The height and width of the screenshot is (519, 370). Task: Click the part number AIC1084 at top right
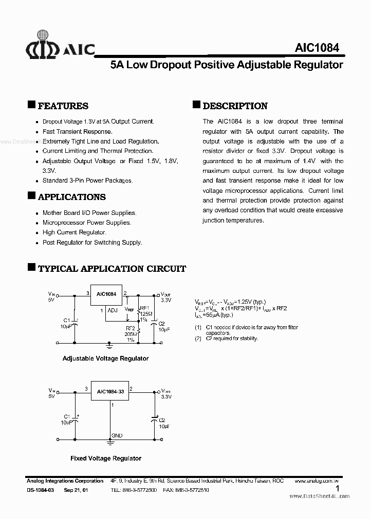317,48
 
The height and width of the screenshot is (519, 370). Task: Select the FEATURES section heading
63,106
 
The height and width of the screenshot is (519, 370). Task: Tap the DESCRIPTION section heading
235,106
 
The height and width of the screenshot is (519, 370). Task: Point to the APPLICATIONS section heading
71,197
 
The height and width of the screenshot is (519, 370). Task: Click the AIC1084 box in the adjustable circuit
106,295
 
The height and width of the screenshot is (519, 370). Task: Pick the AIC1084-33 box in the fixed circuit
110,391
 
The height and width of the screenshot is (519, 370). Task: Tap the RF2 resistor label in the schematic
131,328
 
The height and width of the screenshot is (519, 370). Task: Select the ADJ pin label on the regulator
113,310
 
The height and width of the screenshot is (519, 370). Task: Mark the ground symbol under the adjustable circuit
108,345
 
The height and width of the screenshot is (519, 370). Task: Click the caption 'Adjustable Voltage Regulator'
105,358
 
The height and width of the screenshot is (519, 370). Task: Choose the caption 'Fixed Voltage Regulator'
106,458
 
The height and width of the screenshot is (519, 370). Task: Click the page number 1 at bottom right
337,489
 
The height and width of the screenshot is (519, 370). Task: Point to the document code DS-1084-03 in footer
40,490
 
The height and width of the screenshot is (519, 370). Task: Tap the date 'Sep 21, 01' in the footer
76,490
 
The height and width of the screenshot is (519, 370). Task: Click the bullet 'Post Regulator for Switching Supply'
92,243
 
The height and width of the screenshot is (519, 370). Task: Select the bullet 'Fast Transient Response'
77,131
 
